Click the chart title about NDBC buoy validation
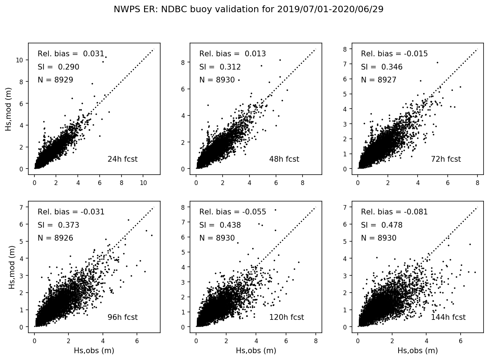coord(248,10)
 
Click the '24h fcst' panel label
coord(122,159)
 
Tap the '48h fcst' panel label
coord(284,159)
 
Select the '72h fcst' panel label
coord(446,159)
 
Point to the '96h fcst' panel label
coord(122,317)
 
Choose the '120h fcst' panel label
coord(286,317)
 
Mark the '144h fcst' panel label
coord(448,317)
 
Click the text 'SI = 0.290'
coord(58,67)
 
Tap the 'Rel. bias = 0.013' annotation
coord(233,54)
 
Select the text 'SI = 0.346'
coord(382,67)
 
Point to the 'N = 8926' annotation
coord(56,238)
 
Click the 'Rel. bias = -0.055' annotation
coord(233,212)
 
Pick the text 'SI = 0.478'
coord(382,225)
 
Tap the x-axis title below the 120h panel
coord(256,351)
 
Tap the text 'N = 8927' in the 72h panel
coord(379,80)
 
